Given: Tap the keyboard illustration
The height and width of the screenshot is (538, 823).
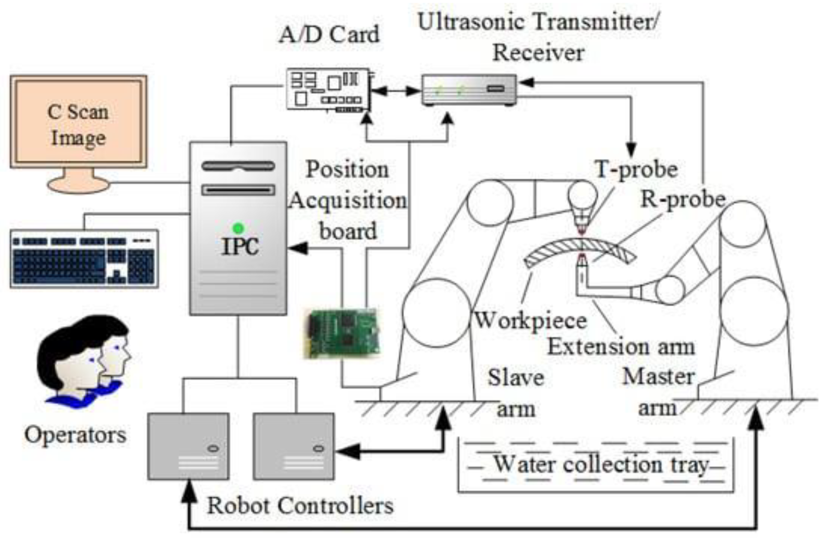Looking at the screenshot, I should click(84, 259).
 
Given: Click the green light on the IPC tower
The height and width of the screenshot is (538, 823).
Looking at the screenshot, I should click(238, 228).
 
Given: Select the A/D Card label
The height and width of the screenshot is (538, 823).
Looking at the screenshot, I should click(329, 35).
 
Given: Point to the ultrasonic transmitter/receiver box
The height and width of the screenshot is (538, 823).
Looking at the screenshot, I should click(469, 90).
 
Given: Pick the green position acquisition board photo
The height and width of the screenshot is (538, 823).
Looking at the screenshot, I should click(342, 334).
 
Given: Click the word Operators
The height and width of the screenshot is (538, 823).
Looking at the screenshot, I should click(75, 435).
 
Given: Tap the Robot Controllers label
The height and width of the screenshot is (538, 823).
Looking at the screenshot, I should click(300, 505).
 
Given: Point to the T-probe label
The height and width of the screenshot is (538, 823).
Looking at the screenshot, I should click(636, 169).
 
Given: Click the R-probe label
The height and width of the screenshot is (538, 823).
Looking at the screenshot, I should click(683, 199).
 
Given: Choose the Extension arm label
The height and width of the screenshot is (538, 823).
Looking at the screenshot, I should click(621, 347).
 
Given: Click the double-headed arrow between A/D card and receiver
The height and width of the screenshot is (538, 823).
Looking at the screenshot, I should click(396, 91).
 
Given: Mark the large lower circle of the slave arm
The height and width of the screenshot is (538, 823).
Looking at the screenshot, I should click(436, 312).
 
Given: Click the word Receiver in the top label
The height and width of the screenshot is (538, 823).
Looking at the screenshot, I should click(538, 52).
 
